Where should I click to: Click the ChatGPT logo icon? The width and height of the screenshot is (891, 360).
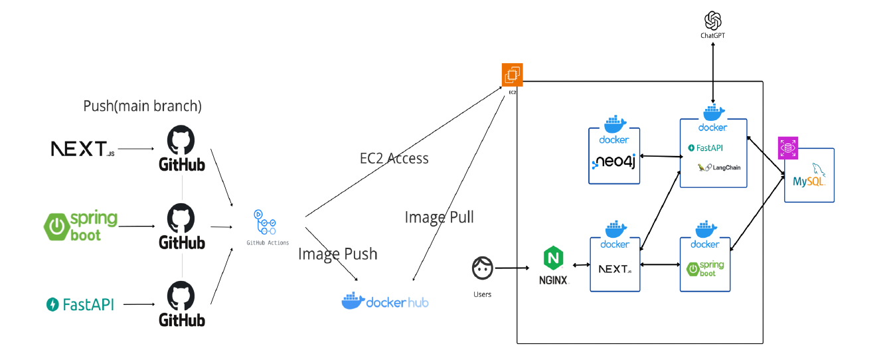click(x=712, y=21)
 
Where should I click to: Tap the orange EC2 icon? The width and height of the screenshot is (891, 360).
click(x=512, y=74)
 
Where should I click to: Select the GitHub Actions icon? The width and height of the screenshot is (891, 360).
click(x=264, y=222)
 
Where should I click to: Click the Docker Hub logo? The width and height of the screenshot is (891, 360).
click(x=385, y=301)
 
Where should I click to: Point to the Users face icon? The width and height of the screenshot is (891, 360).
click(x=482, y=268)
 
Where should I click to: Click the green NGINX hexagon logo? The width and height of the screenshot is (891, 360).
click(x=553, y=258)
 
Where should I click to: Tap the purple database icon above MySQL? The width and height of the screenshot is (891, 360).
click(x=787, y=147)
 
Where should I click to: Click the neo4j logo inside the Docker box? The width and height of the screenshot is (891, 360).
click(x=613, y=161)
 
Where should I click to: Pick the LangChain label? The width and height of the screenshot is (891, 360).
click(x=726, y=167)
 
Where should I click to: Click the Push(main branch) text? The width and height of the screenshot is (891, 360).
click(x=142, y=106)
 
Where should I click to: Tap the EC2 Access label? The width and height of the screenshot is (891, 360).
click(x=394, y=158)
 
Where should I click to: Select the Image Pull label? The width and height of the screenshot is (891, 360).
click(x=439, y=217)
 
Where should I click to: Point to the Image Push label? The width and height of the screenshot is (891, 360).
click(x=338, y=254)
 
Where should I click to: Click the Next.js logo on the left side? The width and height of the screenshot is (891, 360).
click(x=82, y=149)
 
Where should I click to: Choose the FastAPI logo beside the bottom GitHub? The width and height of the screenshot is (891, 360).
click(x=80, y=305)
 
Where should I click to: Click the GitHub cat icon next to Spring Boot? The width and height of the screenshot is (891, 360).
click(x=181, y=218)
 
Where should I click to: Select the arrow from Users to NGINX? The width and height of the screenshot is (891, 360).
click(x=511, y=268)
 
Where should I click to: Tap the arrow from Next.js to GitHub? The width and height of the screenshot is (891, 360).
click(x=136, y=149)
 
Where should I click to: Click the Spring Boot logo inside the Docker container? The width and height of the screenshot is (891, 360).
click(x=705, y=268)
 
